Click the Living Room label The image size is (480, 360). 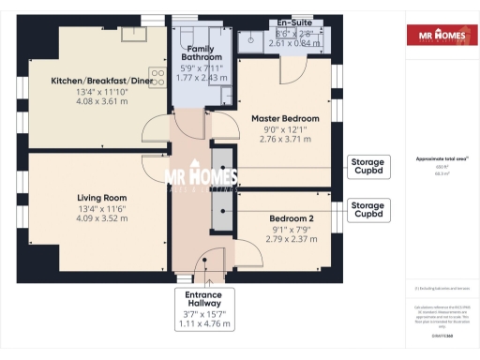click(101, 198)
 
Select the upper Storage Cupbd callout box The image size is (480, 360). click(367, 167)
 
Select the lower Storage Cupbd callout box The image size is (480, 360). click(367, 209)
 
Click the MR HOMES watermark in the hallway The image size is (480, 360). click(201, 177)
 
